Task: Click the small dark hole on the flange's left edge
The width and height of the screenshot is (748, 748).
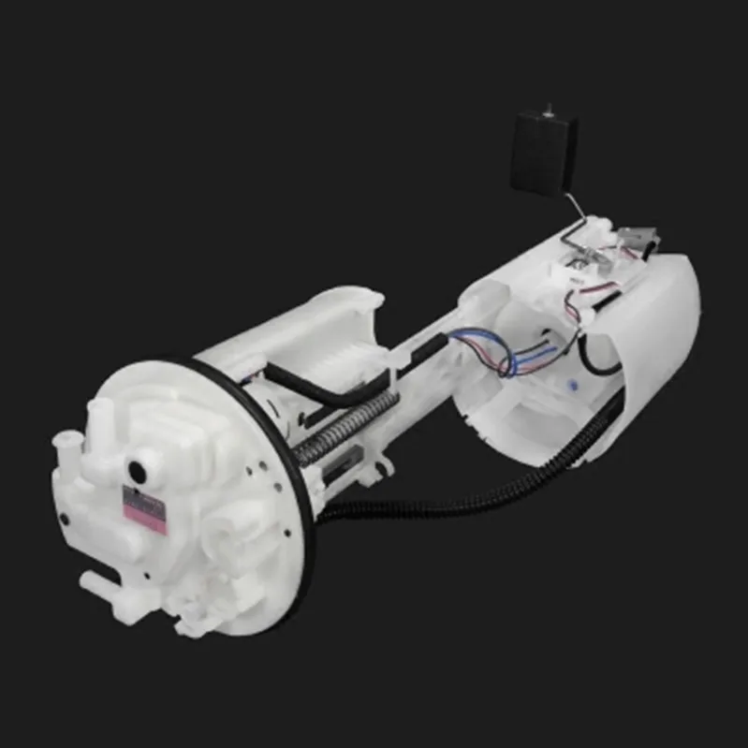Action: point(65,516)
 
